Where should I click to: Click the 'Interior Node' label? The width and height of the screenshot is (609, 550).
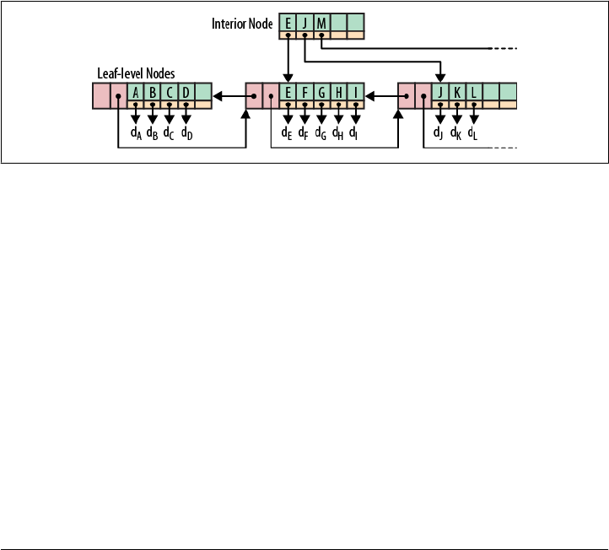(x=243, y=24)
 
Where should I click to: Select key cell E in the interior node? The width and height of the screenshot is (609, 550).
(x=288, y=23)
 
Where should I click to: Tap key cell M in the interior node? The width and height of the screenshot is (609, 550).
(x=321, y=23)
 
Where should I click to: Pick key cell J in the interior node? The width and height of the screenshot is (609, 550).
(x=304, y=23)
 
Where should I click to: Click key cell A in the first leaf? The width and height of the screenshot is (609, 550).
(x=135, y=91)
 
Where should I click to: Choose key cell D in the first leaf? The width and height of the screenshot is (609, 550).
(x=186, y=91)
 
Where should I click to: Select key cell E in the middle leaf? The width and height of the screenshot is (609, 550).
(x=288, y=91)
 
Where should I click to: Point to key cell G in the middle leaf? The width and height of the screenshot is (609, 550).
(x=321, y=91)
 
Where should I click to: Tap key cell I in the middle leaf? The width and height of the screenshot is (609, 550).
(x=355, y=91)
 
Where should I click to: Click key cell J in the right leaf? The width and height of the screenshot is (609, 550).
(x=439, y=91)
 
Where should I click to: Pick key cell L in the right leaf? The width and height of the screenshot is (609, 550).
(x=473, y=91)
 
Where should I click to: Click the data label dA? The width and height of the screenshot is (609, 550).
(x=135, y=132)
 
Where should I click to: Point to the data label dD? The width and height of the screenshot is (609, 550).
(x=186, y=132)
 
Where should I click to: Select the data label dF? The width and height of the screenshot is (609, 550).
(x=304, y=132)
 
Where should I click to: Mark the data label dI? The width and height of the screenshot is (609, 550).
(x=355, y=132)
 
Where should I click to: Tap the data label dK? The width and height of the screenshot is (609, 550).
(x=456, y=132)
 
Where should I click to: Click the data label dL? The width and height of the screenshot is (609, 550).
(x=473, y=132)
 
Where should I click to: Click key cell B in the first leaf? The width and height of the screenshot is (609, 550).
(x=152, y=91)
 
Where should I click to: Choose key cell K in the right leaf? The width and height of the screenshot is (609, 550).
(x=456, y=91)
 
